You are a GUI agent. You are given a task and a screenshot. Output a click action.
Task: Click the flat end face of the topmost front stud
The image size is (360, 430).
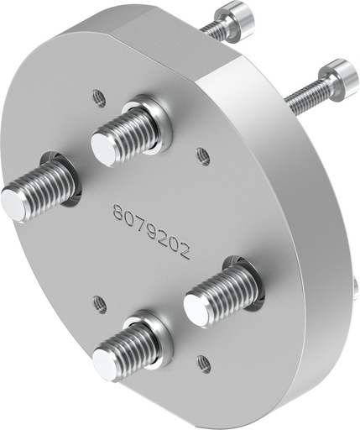tap(105, 149)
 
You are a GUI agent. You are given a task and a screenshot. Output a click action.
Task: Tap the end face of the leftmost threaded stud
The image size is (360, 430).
tap(15, 205)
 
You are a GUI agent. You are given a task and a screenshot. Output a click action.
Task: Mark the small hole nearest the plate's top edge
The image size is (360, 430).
tap(99, 97)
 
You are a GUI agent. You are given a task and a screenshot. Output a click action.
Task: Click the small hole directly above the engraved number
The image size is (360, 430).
tap(201, 154)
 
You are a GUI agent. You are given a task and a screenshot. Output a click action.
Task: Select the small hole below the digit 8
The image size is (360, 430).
tap(99, 300)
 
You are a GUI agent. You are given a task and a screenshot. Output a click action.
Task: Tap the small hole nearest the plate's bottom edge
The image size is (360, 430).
tap(202, 363)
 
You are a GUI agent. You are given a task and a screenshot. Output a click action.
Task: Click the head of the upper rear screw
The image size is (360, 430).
tap(230, 16)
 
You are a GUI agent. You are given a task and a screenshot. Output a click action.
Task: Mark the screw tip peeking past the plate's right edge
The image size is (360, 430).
tap(356, 290)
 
